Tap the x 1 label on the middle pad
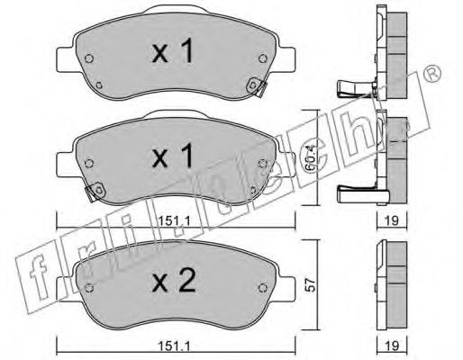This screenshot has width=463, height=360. (173, 155)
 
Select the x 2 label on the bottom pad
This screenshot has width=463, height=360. (174, 280)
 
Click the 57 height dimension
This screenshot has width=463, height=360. (312, 284)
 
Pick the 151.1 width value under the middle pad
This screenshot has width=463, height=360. (174, 221)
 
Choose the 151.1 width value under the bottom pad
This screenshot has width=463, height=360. (175, 346)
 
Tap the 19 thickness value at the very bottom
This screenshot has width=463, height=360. (392, 346)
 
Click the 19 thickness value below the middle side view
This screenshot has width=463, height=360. (392, 220)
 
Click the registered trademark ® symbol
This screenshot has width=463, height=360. (432, 73)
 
